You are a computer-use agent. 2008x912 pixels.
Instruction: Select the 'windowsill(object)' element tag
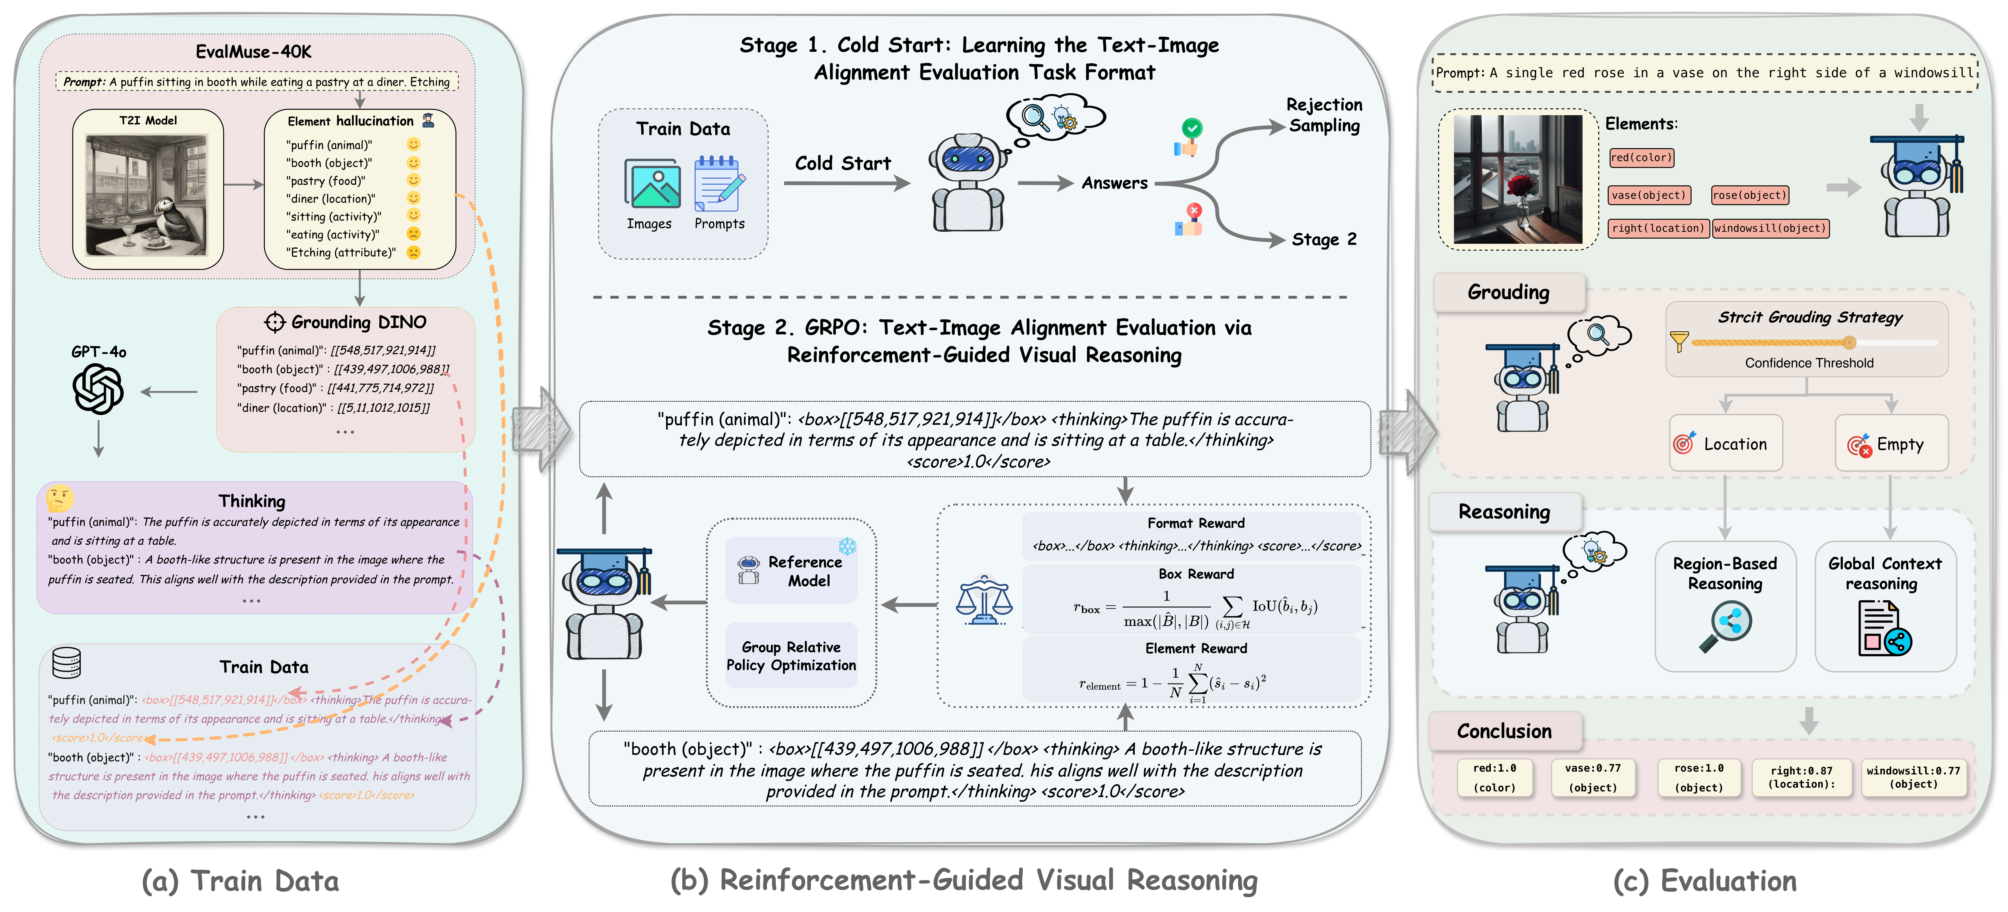[x=1770, y=228]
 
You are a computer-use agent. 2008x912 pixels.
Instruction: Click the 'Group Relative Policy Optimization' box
[x=791, y=655]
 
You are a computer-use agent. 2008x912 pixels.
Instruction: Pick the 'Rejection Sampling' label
[x=1324, y=115]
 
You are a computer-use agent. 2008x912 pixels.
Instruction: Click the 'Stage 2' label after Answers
[x=1324, y=239]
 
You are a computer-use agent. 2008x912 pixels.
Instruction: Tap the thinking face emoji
[x=60, y=498]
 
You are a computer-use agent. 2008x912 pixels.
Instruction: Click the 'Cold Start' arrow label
[x=843, y=164]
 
